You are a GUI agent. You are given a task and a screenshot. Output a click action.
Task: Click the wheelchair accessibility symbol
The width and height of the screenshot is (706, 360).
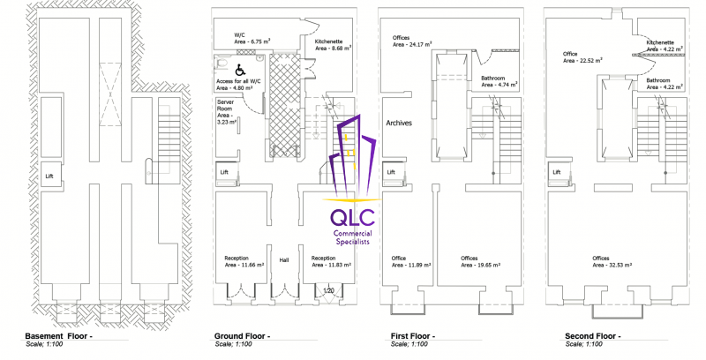(240, 71)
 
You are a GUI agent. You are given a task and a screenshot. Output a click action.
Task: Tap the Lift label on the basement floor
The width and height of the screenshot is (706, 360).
(49, 176)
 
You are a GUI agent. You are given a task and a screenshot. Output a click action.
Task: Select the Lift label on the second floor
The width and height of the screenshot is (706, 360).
(557, 172)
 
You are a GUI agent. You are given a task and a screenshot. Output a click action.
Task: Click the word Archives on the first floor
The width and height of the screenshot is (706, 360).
(399, 123)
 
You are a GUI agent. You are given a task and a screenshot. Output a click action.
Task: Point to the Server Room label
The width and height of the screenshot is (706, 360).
(226, 105)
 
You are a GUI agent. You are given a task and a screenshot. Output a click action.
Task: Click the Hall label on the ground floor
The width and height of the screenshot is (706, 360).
(283, 260)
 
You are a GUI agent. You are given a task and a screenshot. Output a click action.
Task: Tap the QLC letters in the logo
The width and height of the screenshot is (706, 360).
(352, 217)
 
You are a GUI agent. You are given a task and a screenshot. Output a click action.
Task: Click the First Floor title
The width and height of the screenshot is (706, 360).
(412, 336)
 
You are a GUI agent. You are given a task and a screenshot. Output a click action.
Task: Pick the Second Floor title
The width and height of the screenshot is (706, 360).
(593, 336)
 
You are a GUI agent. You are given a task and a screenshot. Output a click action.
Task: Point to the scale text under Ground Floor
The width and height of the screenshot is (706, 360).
(233, 344)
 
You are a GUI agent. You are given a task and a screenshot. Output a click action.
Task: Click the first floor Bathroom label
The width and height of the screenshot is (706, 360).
(492, 78)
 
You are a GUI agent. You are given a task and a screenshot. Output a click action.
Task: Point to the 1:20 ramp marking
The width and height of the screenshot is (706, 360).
(328, 290)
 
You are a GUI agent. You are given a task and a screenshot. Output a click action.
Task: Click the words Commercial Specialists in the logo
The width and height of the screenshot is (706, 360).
(352, 237)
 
